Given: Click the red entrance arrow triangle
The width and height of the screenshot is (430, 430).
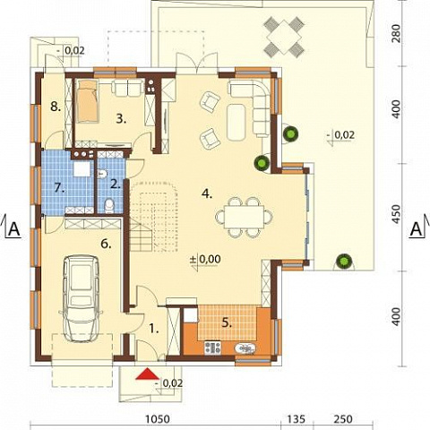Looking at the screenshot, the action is pyautogui.click(x=147, y=374).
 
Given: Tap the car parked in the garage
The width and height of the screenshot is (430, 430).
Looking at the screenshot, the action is pyautogui.click(x=82, y=298).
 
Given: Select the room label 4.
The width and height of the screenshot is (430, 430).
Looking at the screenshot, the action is pyautogui.click(x=207, y=193).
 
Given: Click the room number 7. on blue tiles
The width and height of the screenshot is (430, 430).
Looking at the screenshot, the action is pyautogui.click(x=60, y=188).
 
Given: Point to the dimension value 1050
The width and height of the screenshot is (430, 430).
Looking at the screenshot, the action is pyautogui.click(x=158, y=419).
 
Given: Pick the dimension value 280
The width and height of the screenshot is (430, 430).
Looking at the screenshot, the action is pyautogui.click(x=395, y=33).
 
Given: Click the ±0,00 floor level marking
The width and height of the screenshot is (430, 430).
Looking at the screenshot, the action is pyautogui.click(x=205, y=259).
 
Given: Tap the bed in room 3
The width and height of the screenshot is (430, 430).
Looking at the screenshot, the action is pyautogui.click(x=86, y=101).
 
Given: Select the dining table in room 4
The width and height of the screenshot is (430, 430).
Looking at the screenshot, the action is pyautogui.click(x=244, y=216).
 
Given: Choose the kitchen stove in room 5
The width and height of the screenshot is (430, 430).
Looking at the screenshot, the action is pyautogui.click(x=212, y=348).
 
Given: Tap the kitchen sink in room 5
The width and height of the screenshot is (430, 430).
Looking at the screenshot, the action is pyautogui.click(x=245, y=348).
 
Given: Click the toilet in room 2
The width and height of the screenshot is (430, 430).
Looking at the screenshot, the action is pyautogui.click(x=109, y=205).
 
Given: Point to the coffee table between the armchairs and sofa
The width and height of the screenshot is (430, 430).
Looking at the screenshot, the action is pyautogui.click(x=236, y=122).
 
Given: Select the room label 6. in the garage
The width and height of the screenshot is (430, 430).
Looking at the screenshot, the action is pyautogui.click(x=106, y=244).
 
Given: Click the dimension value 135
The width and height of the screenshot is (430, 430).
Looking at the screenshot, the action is pyautogui.click(x=297, y=419).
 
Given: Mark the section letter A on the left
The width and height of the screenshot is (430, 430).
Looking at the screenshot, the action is pyautogui.click(x=14, y=229).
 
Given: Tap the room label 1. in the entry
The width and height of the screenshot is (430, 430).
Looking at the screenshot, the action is pyautogui.click(x=153, y=329).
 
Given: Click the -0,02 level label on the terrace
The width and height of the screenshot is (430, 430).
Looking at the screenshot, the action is pyautogui.click(x=344, y=135).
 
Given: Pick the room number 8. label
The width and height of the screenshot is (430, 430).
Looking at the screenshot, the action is pyautogui.click(x=56, y=106).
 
